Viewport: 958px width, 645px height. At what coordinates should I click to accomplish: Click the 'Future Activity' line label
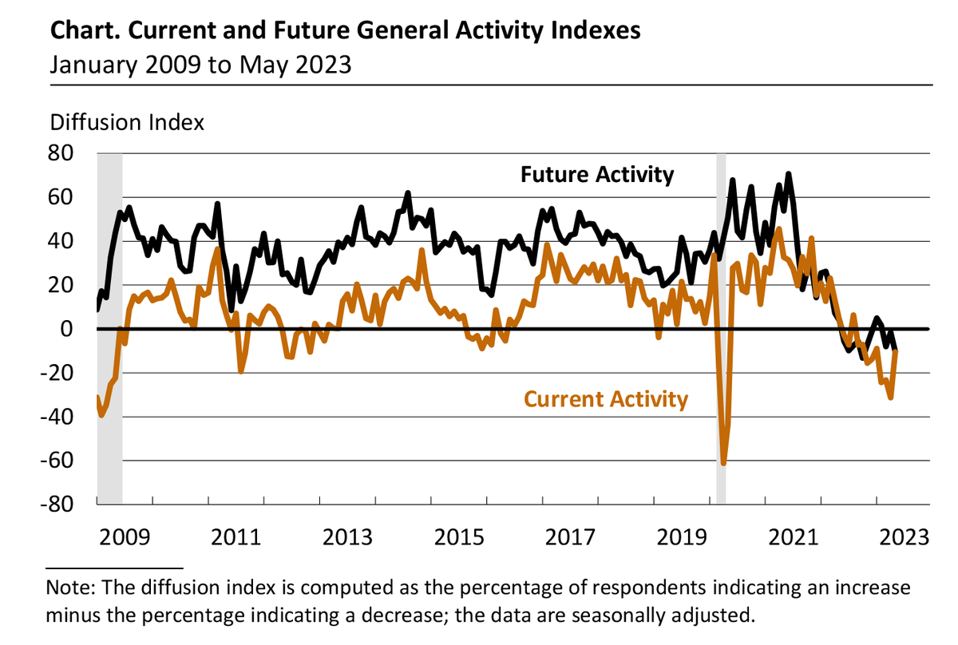(597, 174)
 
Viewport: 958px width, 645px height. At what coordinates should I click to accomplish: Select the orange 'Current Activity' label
(605, 398)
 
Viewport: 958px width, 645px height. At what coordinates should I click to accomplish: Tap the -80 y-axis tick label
(64, 505)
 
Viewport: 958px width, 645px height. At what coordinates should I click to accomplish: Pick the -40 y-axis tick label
(64, 417)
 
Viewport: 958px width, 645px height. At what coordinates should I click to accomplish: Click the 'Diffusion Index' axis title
(128, 123)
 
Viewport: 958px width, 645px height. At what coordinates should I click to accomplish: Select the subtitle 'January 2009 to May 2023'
(200, 64)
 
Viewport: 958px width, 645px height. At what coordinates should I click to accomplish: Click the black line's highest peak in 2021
(788, 173)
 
